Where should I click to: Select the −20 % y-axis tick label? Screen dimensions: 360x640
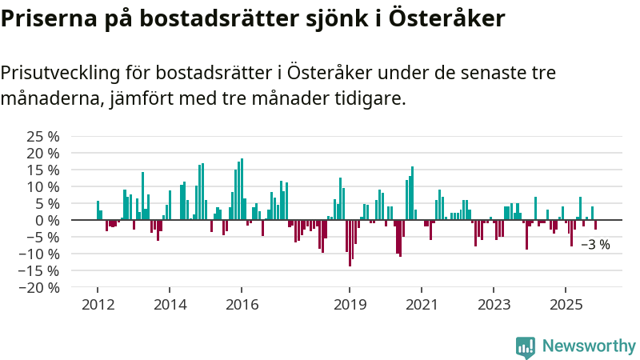tap(40, 287)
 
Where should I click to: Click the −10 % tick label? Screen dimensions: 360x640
tap(40, 254)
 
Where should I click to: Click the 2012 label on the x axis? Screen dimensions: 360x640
tap(98, 305)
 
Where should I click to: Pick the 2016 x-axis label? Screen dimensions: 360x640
tap(242, 305)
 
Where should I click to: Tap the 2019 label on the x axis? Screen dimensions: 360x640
tap(350, 305)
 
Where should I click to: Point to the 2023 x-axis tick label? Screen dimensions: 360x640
tap(494, 305)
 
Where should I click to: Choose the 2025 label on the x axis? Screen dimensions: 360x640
tap(566, 305)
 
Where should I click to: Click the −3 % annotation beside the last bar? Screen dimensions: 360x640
tap(595, 245)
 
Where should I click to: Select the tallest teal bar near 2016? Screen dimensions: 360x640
tap(242, 189)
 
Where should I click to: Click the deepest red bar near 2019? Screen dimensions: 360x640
tap(350, 243)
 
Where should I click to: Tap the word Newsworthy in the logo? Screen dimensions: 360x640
tap(589, 346)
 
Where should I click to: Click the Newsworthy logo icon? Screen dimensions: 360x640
tap(526, 346)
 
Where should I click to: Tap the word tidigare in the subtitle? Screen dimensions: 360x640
tap(373, 99)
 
